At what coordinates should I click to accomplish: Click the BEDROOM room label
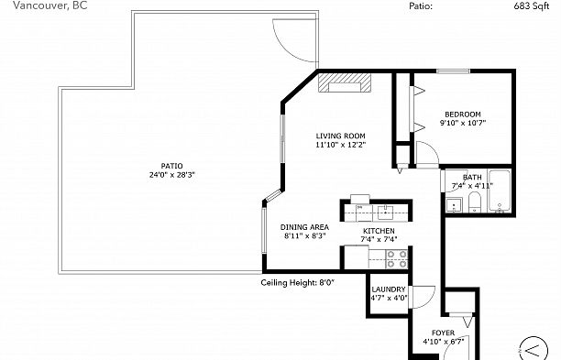click(x=463, y=115)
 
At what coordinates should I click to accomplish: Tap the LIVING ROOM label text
click(x=341, y=136)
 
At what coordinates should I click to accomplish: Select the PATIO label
click(x=171, y=166)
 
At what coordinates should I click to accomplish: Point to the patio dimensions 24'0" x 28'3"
click(x=172, y=175)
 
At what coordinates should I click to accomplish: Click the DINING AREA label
click(x=304, y=227)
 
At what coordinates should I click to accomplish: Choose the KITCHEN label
click(x=379, y=231)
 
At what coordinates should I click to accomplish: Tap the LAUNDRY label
click(x=389, y=289)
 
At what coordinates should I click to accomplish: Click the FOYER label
click(x=444, y=333)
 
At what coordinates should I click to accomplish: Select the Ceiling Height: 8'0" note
click(x=297, y=283)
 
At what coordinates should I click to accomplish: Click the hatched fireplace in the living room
click(x=345, y=83)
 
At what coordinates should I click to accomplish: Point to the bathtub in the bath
click(x=500, y=191)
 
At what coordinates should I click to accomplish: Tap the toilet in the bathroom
click(x=475, y=202)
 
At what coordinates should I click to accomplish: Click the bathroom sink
click(x=454, y=205)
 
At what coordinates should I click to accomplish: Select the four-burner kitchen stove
click(x=397, y=259)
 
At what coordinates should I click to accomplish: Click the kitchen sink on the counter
click(x=385, y=213)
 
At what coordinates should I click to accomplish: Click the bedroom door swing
click(x=432, y=147)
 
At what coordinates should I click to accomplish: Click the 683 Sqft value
click(x=532, y=6)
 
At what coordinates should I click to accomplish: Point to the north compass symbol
click(x=533, y=349)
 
